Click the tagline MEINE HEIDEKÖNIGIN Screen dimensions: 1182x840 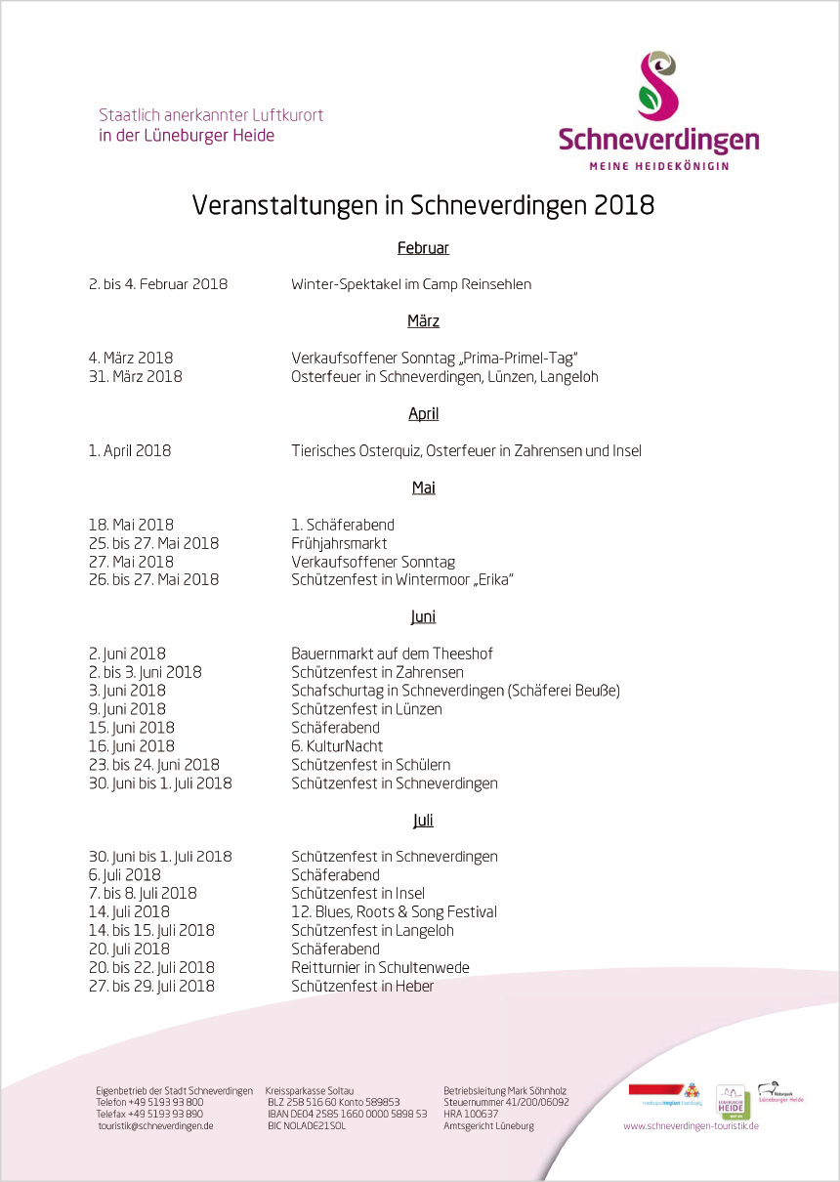658,166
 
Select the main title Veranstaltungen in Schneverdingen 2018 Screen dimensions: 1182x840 422,206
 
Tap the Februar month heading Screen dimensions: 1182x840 423,248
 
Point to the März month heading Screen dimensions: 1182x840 423,321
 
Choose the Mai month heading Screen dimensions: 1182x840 423,487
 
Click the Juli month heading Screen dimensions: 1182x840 423,821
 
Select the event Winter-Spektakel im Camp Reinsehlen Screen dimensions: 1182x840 410,284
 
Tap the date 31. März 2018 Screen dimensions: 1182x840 135,376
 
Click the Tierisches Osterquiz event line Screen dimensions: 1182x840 466,450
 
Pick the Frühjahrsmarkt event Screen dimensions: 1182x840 339,543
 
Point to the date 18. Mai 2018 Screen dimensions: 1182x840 131,525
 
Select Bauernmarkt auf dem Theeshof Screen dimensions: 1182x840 379,654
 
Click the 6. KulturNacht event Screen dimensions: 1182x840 337,746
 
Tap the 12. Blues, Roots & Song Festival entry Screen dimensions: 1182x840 394,911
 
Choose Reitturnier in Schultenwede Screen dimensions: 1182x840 380,967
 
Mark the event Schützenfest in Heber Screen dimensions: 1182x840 362,986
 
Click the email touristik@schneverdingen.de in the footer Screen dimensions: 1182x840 155,1125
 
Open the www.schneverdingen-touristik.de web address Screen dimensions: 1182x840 691,1125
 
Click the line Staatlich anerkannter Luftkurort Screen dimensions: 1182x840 211,115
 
